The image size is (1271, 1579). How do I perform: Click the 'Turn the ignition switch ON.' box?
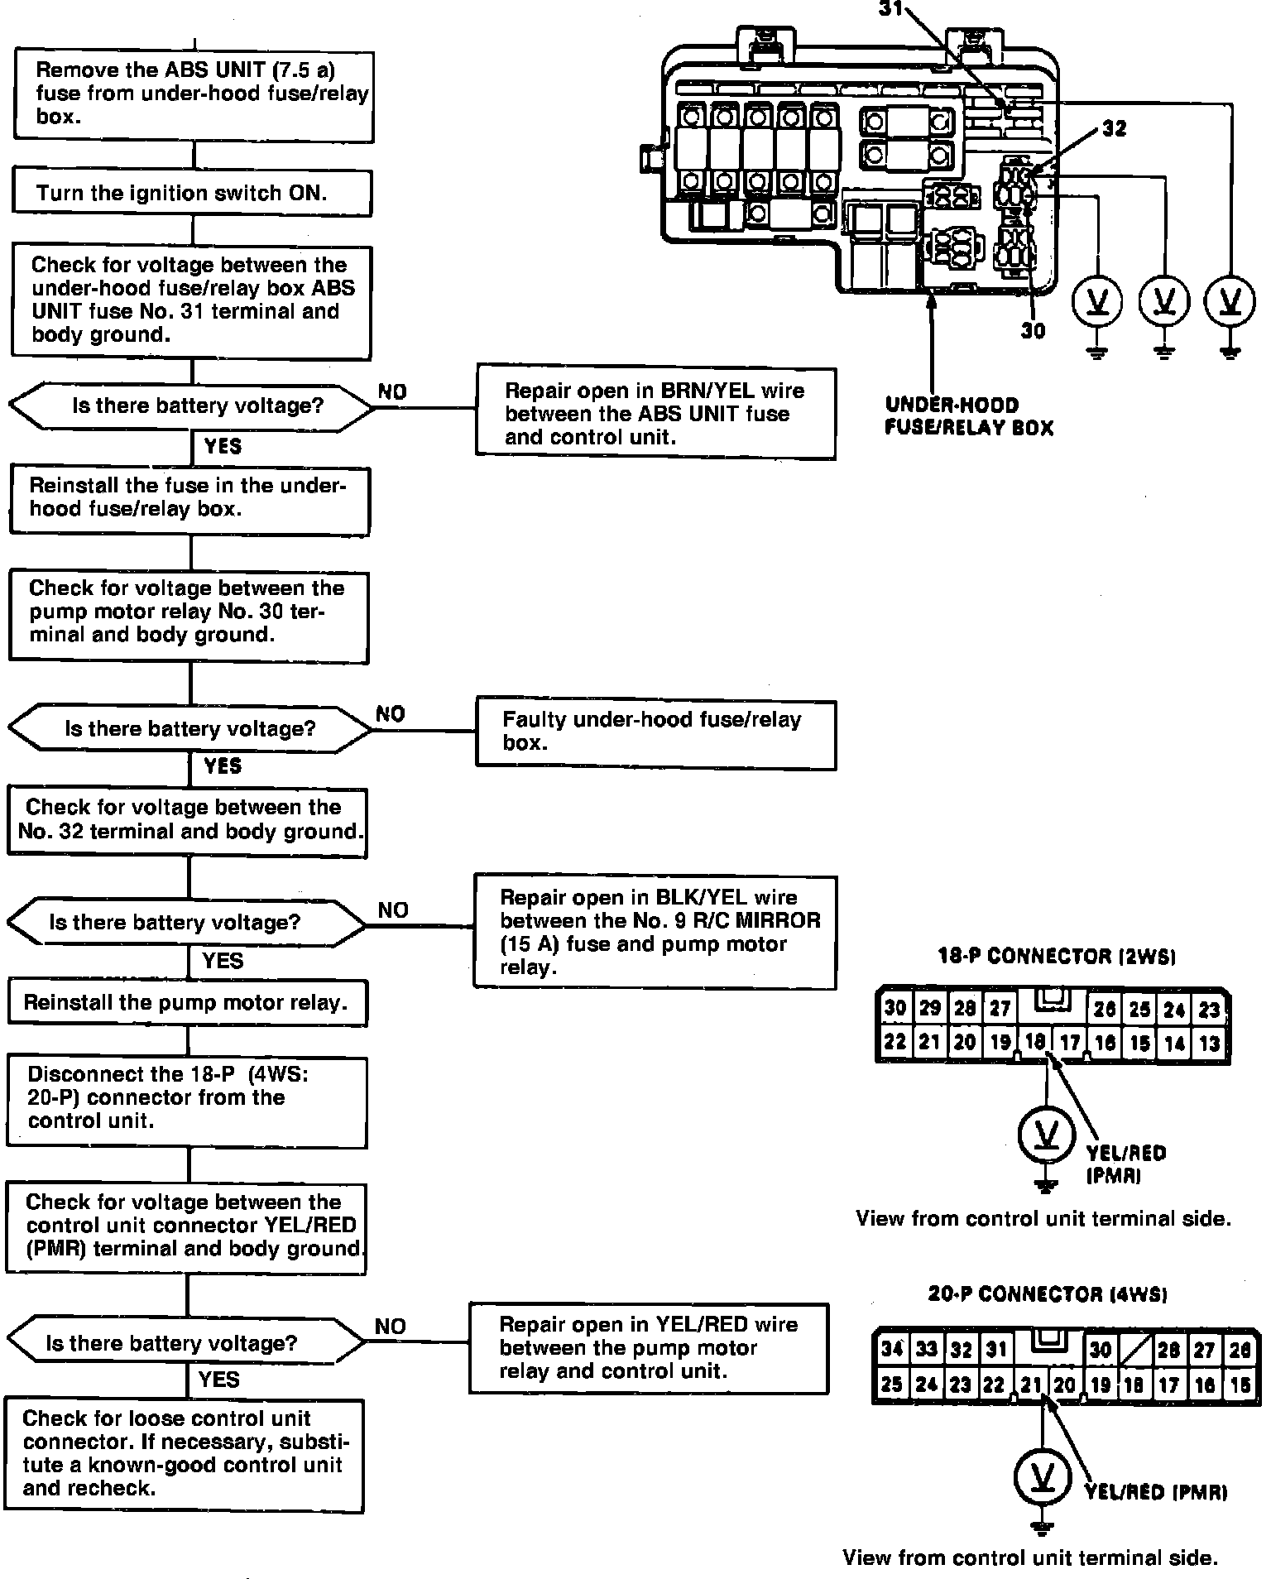[192, 194]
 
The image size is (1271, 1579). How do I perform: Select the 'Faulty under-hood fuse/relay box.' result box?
[655, 732]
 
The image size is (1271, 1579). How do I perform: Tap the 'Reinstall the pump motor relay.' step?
[187, 1003]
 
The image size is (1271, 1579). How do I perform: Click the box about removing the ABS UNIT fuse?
[194, 94]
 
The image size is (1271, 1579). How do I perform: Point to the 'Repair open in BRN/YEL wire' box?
[655, 414]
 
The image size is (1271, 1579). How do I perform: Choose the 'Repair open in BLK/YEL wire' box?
[655, 933]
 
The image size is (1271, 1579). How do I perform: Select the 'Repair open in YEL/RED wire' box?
[649, 1348]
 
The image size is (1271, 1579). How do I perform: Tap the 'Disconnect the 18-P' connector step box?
[187, 1098]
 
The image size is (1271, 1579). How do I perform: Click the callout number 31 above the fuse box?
[892, 8]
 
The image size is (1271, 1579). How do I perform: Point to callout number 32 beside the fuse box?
[1114, 129]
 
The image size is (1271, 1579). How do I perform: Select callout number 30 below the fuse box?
[1033, 331]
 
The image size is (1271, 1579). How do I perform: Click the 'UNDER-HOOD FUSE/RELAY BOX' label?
[969, 416]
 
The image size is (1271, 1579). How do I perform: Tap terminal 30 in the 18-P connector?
[894, 1008]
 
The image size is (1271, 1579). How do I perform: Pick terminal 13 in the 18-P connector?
[1210, 1044]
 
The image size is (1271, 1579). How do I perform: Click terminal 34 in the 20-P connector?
[891, 1349]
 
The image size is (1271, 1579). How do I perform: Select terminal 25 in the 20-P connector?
[891, 1384]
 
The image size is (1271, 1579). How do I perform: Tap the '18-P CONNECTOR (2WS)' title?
[1057, 957]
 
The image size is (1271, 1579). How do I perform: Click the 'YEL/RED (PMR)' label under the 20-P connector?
[1156, 1493]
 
